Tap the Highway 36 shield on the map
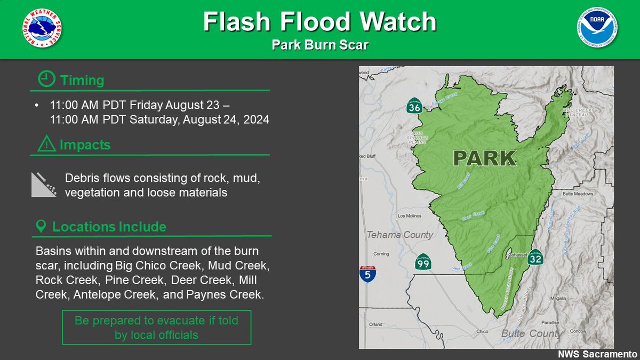(x=414, y=107)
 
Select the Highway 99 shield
(x=423, y=262)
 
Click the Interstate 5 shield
(x=367, y=274)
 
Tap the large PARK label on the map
(x=484, y=158)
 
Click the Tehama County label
(x=399, y=235)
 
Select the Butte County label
(x=531, y=333)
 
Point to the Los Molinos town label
(x=410, y=216)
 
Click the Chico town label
(x=483, y=331)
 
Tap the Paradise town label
(x=551, y=323)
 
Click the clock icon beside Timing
(x=46, y=80)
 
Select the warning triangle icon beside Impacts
(x=47, y=145)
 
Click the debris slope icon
(x=44, y=185)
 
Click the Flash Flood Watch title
(x=319, y=22)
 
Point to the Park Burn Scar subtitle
(x=319, y=45)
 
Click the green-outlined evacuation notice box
(x=156, y=328)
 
